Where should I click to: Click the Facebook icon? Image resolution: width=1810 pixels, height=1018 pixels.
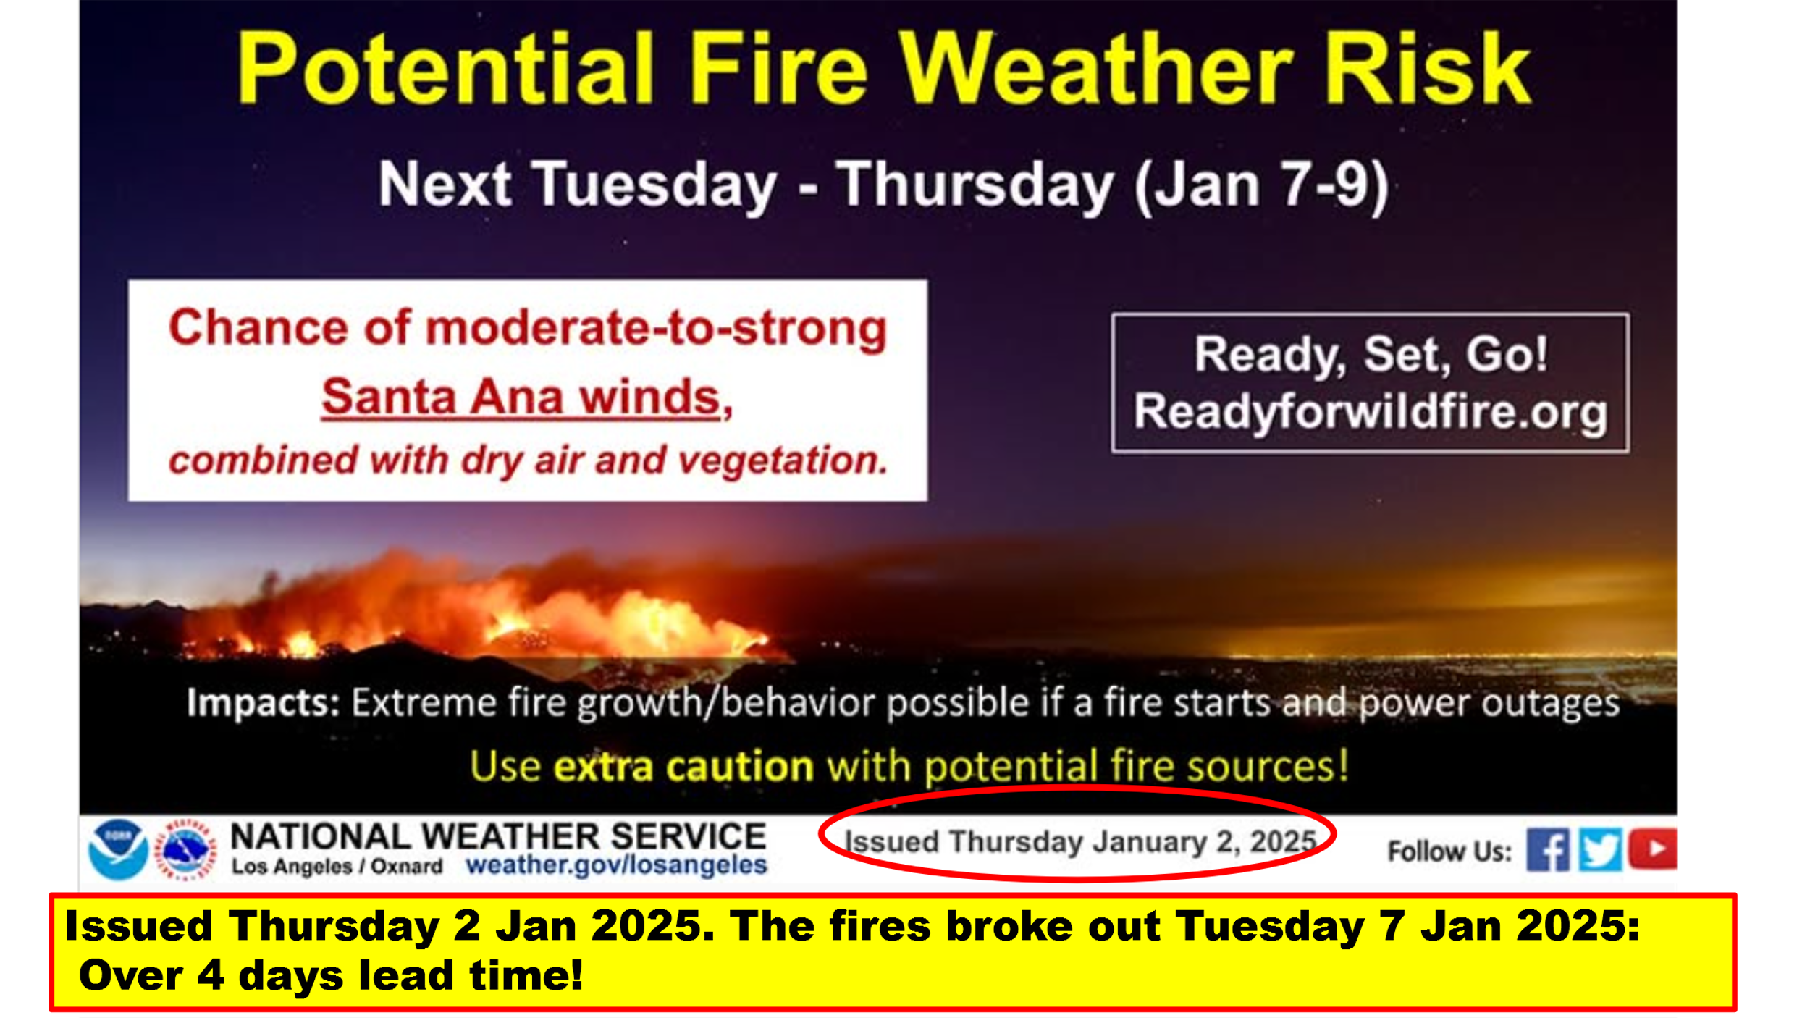click(x=1548, y=849)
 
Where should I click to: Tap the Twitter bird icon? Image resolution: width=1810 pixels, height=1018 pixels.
click(x=1599, y=849)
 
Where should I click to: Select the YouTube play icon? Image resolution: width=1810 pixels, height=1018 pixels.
click(x=1653, y=849)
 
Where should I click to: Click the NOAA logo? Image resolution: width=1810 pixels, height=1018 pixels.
click(x=118, y=849)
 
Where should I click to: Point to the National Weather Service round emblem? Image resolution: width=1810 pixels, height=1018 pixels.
click(x=187, y=849)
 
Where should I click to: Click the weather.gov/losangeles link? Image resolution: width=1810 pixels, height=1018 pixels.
click(x=616, y=865)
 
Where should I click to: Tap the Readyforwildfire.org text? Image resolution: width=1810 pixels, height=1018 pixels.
click(x=1371, y=412)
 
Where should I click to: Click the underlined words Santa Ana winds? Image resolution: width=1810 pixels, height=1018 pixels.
click(x=526, y=397)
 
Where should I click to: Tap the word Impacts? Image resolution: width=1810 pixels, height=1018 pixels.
click(x=263, y=703)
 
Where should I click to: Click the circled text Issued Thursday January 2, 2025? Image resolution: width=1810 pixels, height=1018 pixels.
click(x=1080, y=841)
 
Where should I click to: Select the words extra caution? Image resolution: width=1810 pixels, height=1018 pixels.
click(x=683, y=767)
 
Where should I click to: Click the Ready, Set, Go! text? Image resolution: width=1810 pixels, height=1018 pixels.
click(x=1371, y=355)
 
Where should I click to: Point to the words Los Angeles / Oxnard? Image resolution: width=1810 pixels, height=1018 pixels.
click(x=337, y=867)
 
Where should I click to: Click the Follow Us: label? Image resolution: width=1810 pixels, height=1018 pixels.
click(x=1449, y=851)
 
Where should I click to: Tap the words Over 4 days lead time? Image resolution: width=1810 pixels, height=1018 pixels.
click(x=331, y=975)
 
